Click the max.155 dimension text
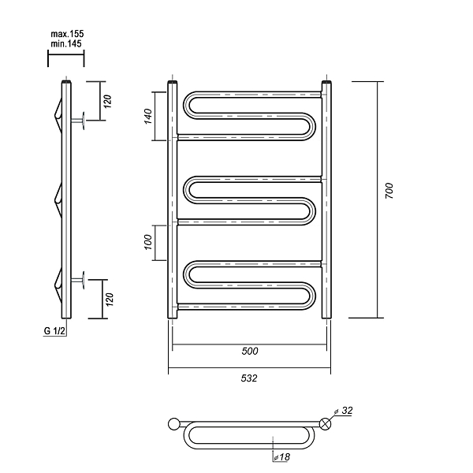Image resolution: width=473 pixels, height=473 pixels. pyautogui.click(x=67, y=34)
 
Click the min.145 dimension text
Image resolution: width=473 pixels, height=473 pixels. pyautogui.click(x=66, y=43)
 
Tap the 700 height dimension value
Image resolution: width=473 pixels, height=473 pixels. pyautogui.click(x=389, y=191)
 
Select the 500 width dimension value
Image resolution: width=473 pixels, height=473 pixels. pyautogui.click(x=250, y=351)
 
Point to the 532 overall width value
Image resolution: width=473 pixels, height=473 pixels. pyautogui.click(x=249, y=378)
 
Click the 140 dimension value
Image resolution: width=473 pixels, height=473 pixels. pyautogui.click(x=148, y=116)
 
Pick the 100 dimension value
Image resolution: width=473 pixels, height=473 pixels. pyautogui.click(x=148, y=242)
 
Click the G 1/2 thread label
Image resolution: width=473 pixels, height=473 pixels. pyautogui.click(x=54, y=331)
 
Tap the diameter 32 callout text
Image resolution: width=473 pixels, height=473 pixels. pyautogui.click(x=344, y=411)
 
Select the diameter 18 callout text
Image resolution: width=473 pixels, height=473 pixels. pyautogui.click(x=282, y=457)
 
